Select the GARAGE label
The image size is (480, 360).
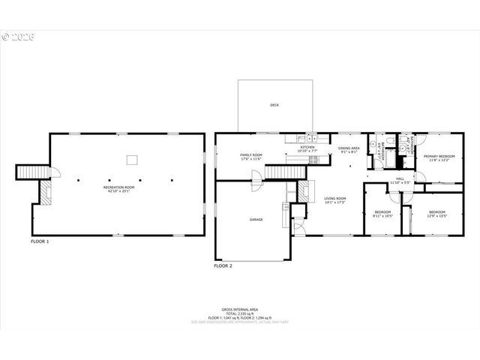click(256, 220)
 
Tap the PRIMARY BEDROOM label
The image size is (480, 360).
click(439, 157)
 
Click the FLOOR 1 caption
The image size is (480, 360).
click(40, 241)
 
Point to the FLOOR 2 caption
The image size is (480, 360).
click(223, 265)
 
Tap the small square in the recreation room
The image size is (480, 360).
click(132, 158)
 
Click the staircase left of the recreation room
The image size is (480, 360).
click(28, 172)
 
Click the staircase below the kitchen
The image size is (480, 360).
click(285, 172)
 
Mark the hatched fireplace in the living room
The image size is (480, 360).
click(303, 191)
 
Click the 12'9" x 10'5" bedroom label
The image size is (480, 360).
click(437, 214)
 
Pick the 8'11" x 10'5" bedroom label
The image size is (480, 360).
click(383, 214)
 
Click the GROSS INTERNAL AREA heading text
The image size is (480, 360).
click(240, 308)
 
